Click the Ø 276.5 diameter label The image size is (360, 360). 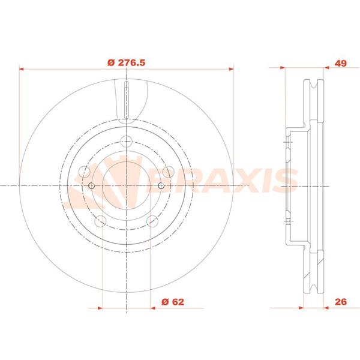click(126, 62)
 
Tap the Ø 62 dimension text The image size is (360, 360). click(173, 302)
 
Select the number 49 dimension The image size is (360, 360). click(340, 63)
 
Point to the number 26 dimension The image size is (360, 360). click(340, 302)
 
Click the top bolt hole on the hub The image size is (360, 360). click(127, 141)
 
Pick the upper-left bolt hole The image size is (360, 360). click(84, 172)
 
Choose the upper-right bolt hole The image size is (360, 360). click(168, 172)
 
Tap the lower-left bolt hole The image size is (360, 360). click(100, 221)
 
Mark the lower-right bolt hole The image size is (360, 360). click(152, 221)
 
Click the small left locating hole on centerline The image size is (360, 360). click(92, 186)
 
